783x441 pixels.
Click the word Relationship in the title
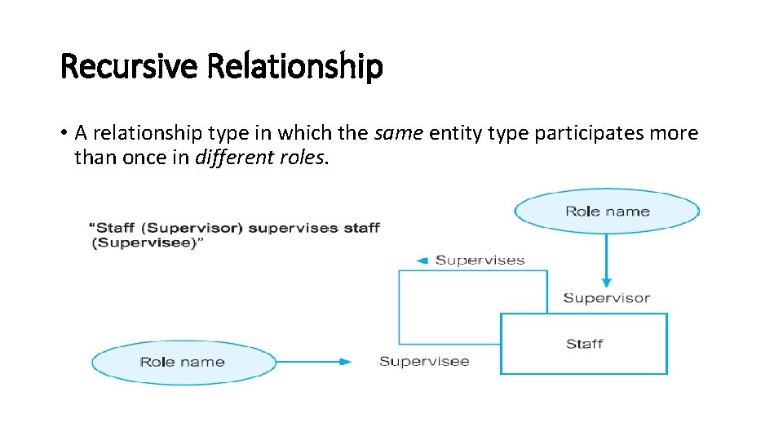tap(294, 66)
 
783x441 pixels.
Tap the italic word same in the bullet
tap(397, 132)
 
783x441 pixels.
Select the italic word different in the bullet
tap(232, 157)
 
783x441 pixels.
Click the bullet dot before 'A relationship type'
tap(64, 133)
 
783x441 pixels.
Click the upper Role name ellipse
tap(607, 212)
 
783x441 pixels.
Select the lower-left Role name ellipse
tap(183, 362)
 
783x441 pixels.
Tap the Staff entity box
tap(584, 344)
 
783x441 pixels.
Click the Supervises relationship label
tap(480, 261)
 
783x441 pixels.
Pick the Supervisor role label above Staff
tap(606, 297)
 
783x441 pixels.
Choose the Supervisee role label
tap(424, 361)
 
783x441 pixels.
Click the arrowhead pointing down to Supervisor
tap(606, 279)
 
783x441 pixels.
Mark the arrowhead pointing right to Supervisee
tap(347, 362)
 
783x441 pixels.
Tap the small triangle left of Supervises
tap(422, 261)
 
